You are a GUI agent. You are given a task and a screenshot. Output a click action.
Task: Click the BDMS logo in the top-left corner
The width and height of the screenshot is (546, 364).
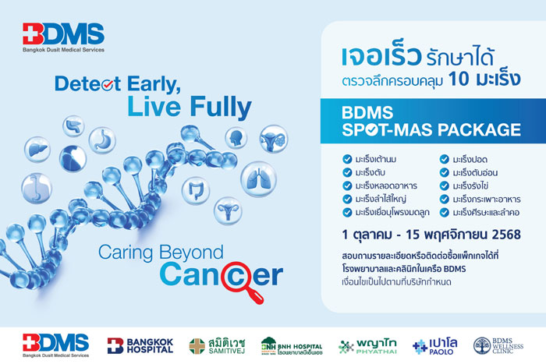click(63, 36)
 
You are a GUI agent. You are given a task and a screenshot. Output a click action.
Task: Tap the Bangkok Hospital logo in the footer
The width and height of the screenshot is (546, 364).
click(140, 345)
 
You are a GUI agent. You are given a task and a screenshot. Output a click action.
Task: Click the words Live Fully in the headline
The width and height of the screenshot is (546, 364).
click(200, 106)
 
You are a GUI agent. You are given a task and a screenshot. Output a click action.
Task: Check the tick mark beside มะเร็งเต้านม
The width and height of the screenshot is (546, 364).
click(347, 159)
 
